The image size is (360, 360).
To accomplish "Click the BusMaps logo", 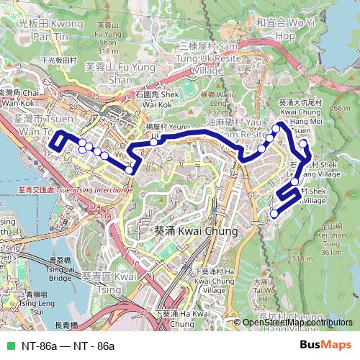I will pyautogui.click(x=325, y=346).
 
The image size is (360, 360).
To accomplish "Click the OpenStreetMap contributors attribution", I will pyautogui.click(x=297, y=323).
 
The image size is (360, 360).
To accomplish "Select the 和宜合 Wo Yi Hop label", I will pyautogui.click(x=276, y=29).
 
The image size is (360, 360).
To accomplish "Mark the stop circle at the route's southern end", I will pyautogui.click(x=274, y=213).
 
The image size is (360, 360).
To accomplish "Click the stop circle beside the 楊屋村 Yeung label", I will pyautogui.click(x=153, y=143).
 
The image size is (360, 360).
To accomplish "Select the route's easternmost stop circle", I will pyautogui.click(x=304, y=143).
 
